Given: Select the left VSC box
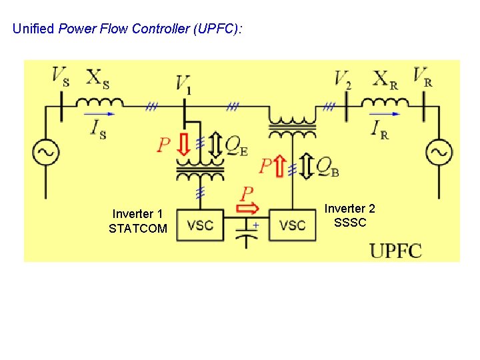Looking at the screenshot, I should pyautogui.click(x=200, y=225).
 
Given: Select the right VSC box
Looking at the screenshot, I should pyautogui.click(x=293, y=225).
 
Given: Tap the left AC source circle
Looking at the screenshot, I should pyautogui.click(x=49, y=153).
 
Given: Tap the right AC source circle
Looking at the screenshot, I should pyautogui.click(x=439, y=153).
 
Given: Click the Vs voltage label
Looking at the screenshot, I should pyautogui.click(x=61, y=76).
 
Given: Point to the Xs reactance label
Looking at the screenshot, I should pyautogui.click(x=98, y=77).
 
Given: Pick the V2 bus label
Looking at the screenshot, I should pyautogui.click(x=343, y=79).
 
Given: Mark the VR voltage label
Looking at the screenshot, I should pyautogui.click(x=422, y=76).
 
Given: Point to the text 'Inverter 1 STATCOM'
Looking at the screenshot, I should pyautogui.click(x=137, y=221).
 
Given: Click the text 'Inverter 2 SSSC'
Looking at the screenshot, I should pyautogui.click(x=350, y=215).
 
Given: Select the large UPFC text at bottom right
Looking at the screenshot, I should pyautogui.click(x=396, y=251).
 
